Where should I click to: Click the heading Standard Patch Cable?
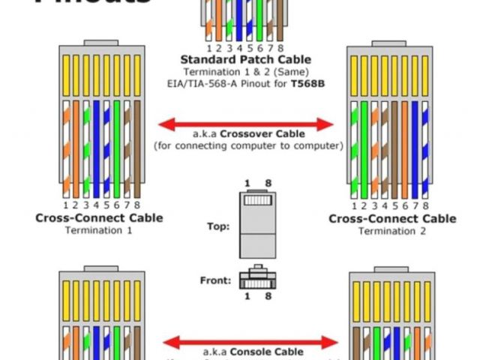click(x=245, y=59)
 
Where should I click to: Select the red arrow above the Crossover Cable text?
click(x=245, y=123)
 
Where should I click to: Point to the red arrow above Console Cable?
click(x=245, y=343)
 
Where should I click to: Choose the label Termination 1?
click(x=98, y=230)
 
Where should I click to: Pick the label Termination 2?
click(x=391, y=231)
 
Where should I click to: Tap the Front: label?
click(x=214, y=280)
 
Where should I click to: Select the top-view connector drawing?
click(x=257, y=223)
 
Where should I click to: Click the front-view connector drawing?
click(x=257, y=278)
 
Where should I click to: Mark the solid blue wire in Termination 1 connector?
click(x=97, y=146)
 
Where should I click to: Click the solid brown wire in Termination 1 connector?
click(x=137, y=146)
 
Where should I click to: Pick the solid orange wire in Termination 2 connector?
click(x=405, y=146)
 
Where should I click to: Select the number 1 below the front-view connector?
click(x=246, y=297)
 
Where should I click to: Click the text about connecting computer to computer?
click(x=248, y=145)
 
